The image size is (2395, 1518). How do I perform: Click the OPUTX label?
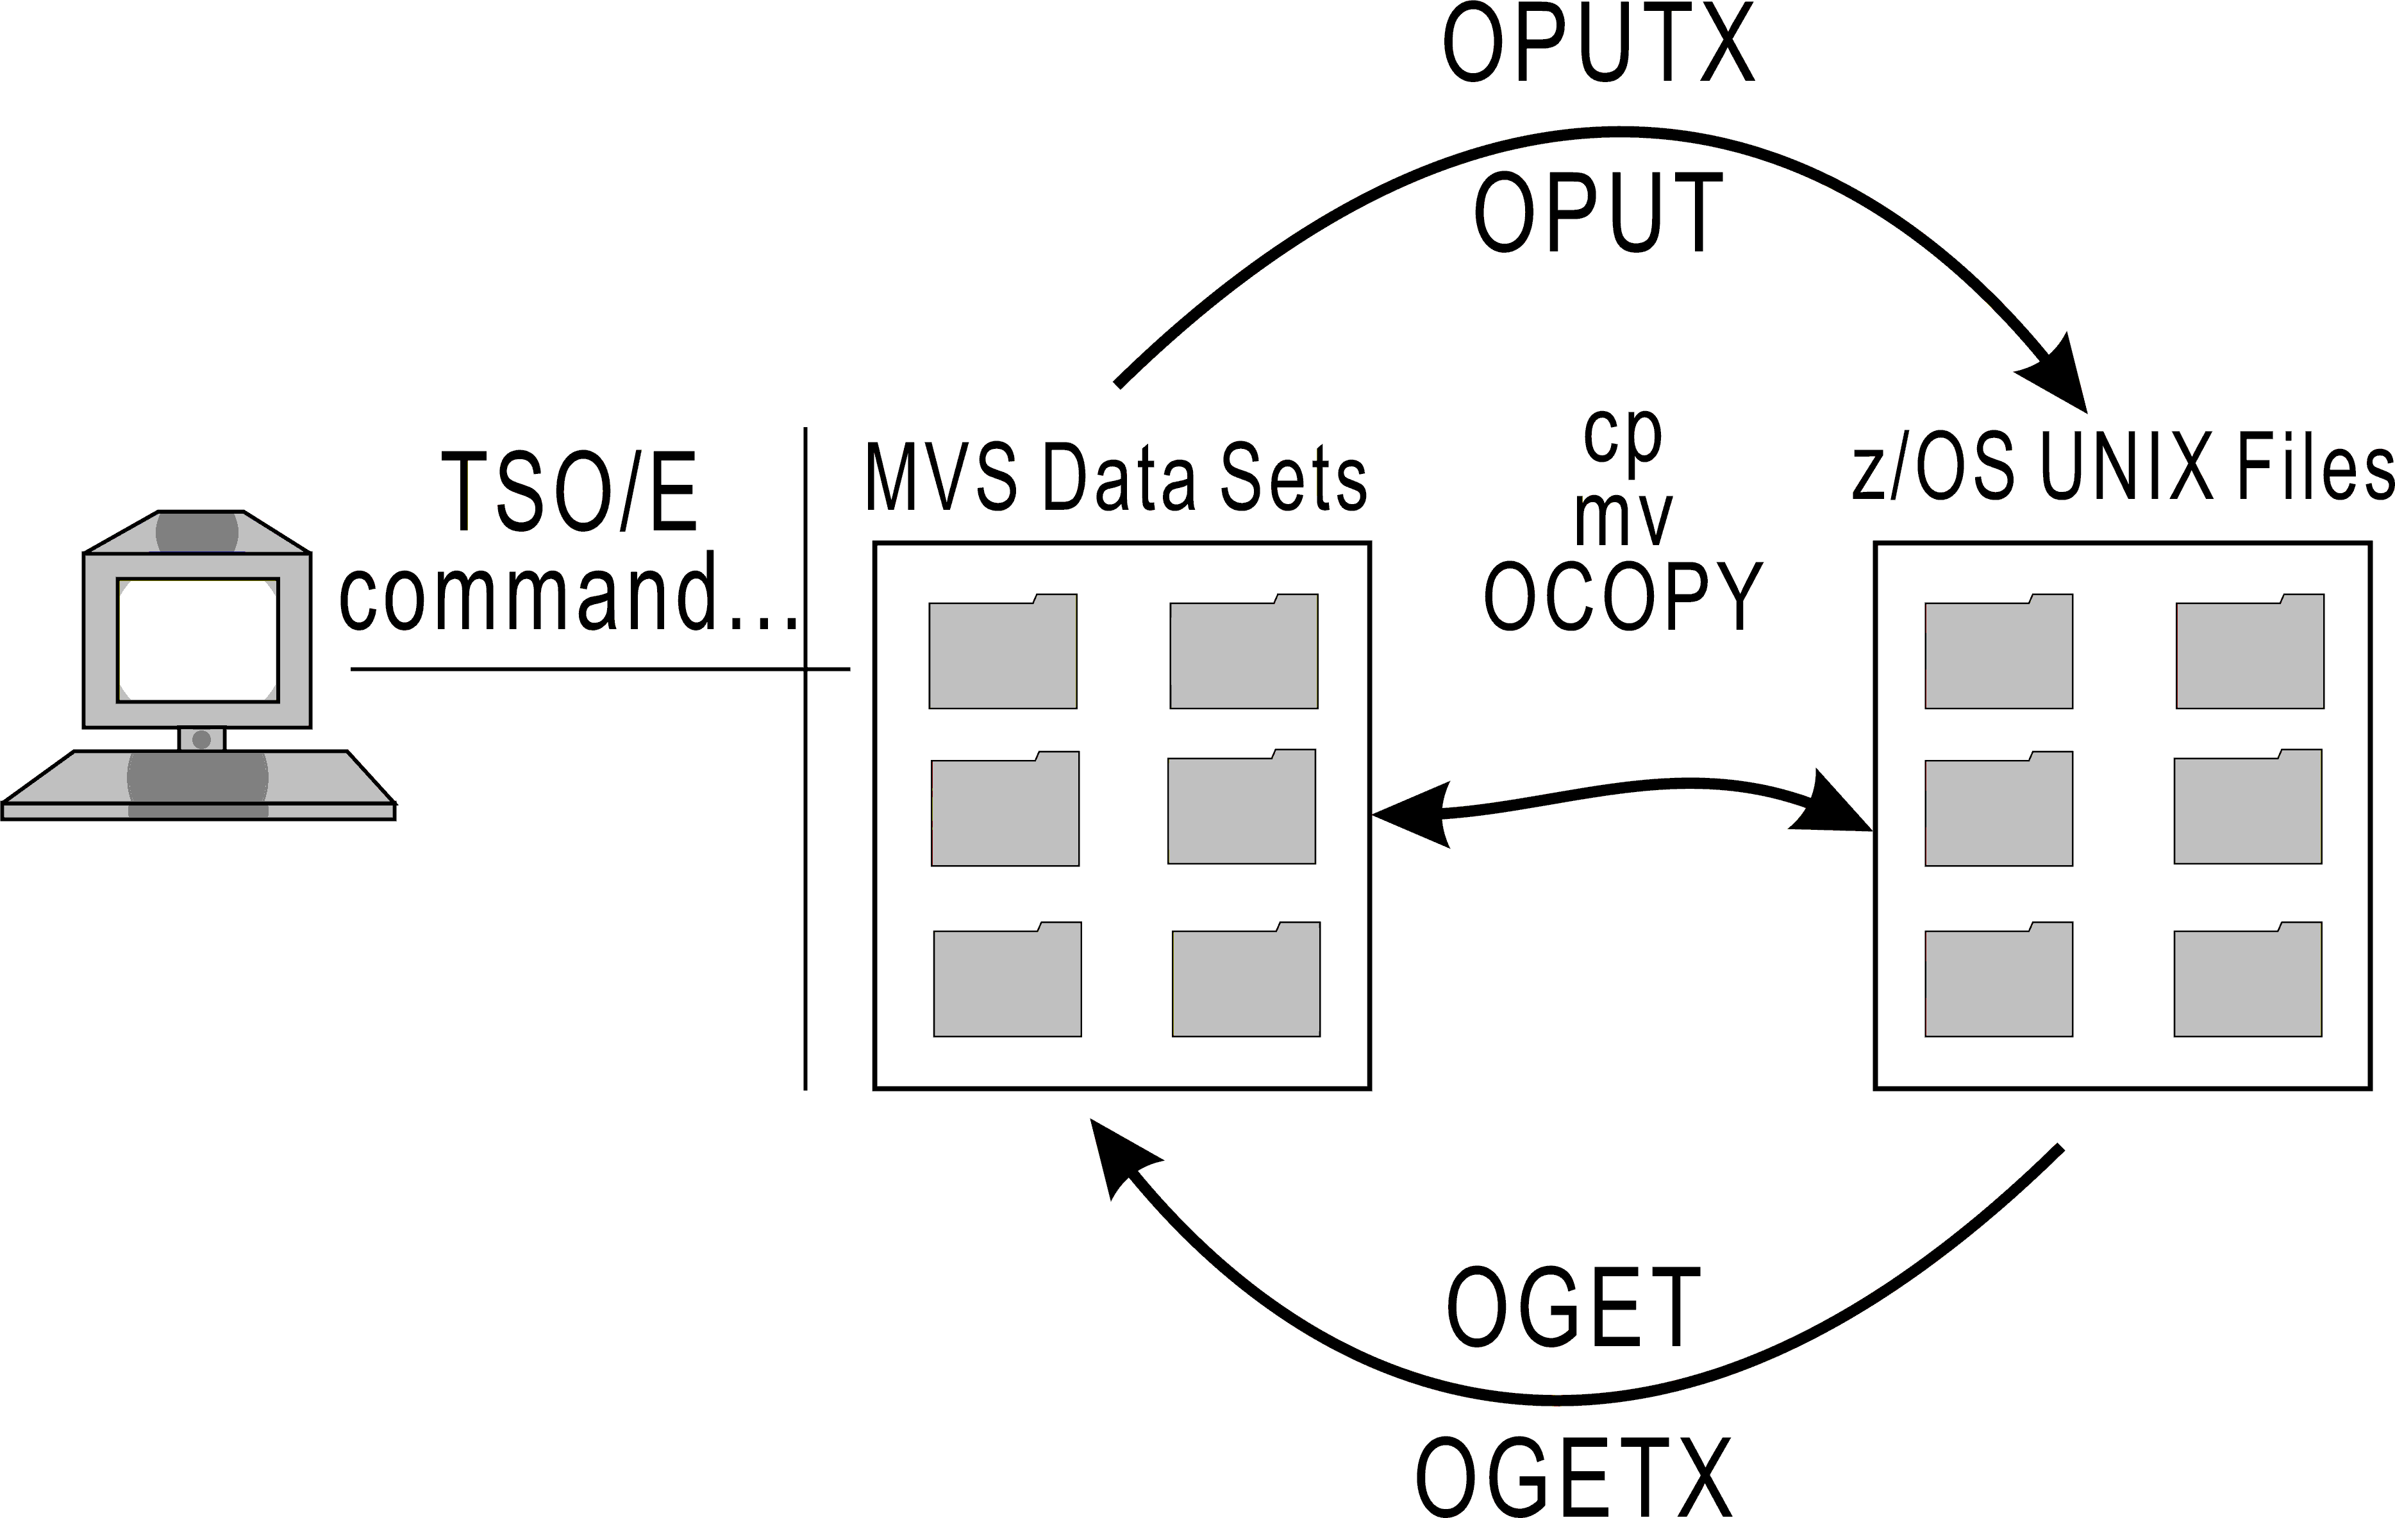tap(1598, 45)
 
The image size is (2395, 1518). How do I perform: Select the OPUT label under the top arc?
tap(1598, 213)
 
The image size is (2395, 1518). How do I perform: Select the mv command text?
tap(1623, 518)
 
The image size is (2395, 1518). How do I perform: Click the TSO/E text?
tap(569, 493)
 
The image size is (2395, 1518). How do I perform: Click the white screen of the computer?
tap(198, 639)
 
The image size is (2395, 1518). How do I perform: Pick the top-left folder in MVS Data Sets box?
tap(1003, 653)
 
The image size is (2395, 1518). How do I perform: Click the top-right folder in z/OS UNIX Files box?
tap(2249, 653)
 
